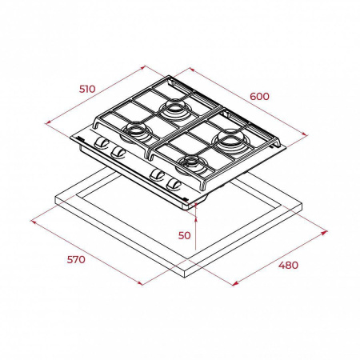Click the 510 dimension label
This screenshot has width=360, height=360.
87,89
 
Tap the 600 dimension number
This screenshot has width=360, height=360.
259,96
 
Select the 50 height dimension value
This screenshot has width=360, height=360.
185,235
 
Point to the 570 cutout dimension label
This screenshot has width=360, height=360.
76,259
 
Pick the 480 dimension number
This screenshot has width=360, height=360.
288,265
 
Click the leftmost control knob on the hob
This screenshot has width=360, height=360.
101,142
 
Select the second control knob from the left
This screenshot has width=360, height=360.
118,151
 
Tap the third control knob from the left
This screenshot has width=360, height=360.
156,175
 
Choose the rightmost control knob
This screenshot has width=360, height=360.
174,184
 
